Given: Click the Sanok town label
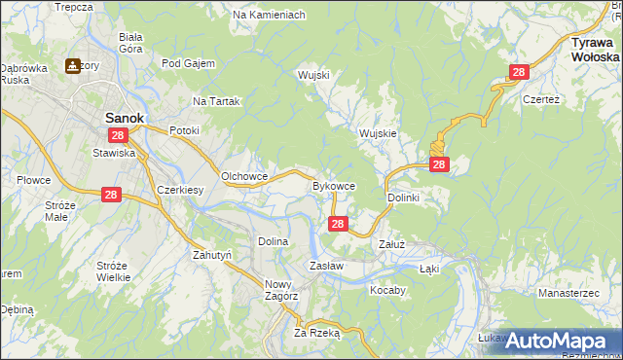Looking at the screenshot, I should pos(124,117).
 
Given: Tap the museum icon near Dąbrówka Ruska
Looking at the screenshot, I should pos(73,67).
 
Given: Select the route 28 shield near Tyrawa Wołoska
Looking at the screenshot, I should pos(519,72).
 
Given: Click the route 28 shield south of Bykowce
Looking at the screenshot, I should pos(337,224).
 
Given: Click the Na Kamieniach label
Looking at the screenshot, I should pos(269,16).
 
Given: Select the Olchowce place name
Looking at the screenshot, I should pos(244,176).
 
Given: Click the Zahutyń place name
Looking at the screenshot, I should pos(211,255).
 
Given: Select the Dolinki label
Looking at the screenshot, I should pos(403,198).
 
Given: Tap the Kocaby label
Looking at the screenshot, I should pos(387,290).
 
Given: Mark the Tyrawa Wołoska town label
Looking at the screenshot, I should pos(595,51).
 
